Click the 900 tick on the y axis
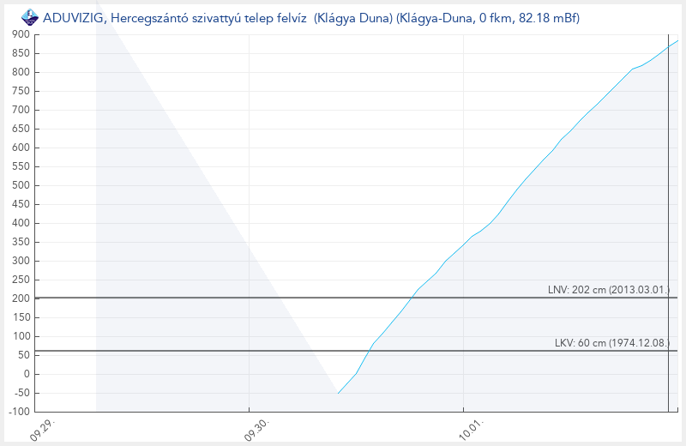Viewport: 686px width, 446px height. coord(21,34)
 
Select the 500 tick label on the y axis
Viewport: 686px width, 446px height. coord(21,185)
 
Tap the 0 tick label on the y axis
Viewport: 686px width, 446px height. coord(27,374)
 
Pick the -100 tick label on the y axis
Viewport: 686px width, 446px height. coord(19,412)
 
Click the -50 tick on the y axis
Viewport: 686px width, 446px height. coord(21,393)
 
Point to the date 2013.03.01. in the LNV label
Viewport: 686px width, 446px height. coord(640,290)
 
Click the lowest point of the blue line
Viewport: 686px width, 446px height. coord(339,394)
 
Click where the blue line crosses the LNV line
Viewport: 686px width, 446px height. coord(411,298)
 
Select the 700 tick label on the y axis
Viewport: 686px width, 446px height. coord(21,110)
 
